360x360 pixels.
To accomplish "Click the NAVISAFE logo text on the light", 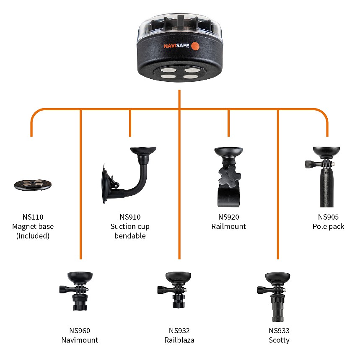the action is pyautogui.click(x=176, y=46).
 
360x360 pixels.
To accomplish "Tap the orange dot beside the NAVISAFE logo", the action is pyautogui.click(x=195, y=46).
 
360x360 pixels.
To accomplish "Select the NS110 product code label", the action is pyautogui.click(x=33, y=217).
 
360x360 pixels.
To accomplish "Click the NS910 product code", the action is pyautogui.click(x=130, y=217).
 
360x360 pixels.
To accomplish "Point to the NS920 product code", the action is pyautogui.click(x=229, y=217).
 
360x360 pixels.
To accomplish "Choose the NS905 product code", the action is pyautogui.click(x=328, y=217).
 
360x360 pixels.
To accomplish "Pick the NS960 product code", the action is pyautogui.click(x=80, y=331).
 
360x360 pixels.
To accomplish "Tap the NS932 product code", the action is pyautogui.click(x=179, y=331).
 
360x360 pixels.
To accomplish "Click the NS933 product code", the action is pyautogui.click(x=279, y=331).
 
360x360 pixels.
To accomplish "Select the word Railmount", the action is pyautogui.click(x=229, y=226).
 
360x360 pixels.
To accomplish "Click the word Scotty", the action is pyautogui.click(x=279, y=340).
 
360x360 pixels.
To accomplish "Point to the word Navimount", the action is pyautogui.click(x=80, y=340).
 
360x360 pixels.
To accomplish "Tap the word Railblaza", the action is pyautogui.click(x=179, y=340).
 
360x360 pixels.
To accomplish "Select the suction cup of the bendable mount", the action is pyautogui.click(x=106, y=184).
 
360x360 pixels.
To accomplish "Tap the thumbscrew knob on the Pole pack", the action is pyautogui.click(x=309, y=164).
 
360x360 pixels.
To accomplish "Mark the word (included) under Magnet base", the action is pyautogui.click(x=33, y=236).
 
